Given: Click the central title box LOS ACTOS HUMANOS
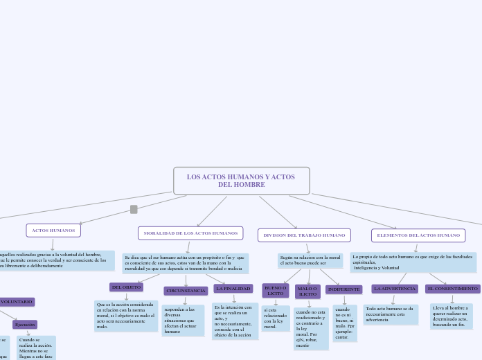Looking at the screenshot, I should [241, 181].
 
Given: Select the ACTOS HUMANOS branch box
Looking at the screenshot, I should [53, 230].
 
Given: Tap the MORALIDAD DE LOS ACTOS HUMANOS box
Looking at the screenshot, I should [190, 233].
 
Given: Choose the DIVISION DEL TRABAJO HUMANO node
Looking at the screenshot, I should [304, 235].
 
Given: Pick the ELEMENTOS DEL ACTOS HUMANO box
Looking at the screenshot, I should [418, 235].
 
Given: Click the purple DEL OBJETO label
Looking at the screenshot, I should [127, 287].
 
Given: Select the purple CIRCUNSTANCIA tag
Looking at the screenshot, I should [186, 291].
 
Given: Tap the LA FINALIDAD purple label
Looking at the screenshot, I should [233, 288].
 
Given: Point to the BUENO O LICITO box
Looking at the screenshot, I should [276, 291].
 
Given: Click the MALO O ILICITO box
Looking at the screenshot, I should [307, 291].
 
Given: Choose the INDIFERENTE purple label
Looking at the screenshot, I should [344, 289].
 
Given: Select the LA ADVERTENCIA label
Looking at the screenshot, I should [395, 288].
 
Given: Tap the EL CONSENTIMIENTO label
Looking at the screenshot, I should [453, 288].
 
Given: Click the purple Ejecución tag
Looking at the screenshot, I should [25, 324].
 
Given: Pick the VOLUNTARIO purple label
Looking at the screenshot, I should [16, 302].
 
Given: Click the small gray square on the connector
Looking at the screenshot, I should [134, 209].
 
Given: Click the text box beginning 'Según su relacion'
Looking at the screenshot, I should [310, 260].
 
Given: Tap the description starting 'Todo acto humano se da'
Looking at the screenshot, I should [391, 314].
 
